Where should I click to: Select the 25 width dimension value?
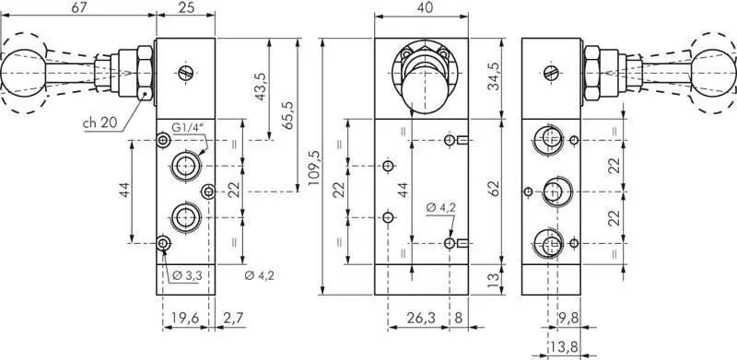tap(185, 8)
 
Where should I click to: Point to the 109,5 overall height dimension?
tap(314, 169)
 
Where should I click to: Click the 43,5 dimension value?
tap(261, 88)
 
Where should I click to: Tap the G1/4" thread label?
tap(189, 127)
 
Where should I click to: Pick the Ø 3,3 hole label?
tap(188, 274)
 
